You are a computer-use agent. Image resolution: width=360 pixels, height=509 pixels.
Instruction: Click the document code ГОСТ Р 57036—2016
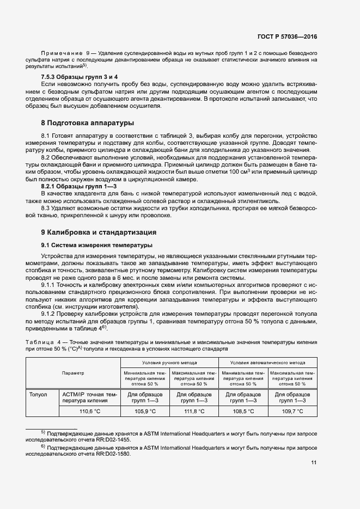(287, 36)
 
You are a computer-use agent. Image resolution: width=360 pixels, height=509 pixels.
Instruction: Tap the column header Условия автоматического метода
(268, 362)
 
